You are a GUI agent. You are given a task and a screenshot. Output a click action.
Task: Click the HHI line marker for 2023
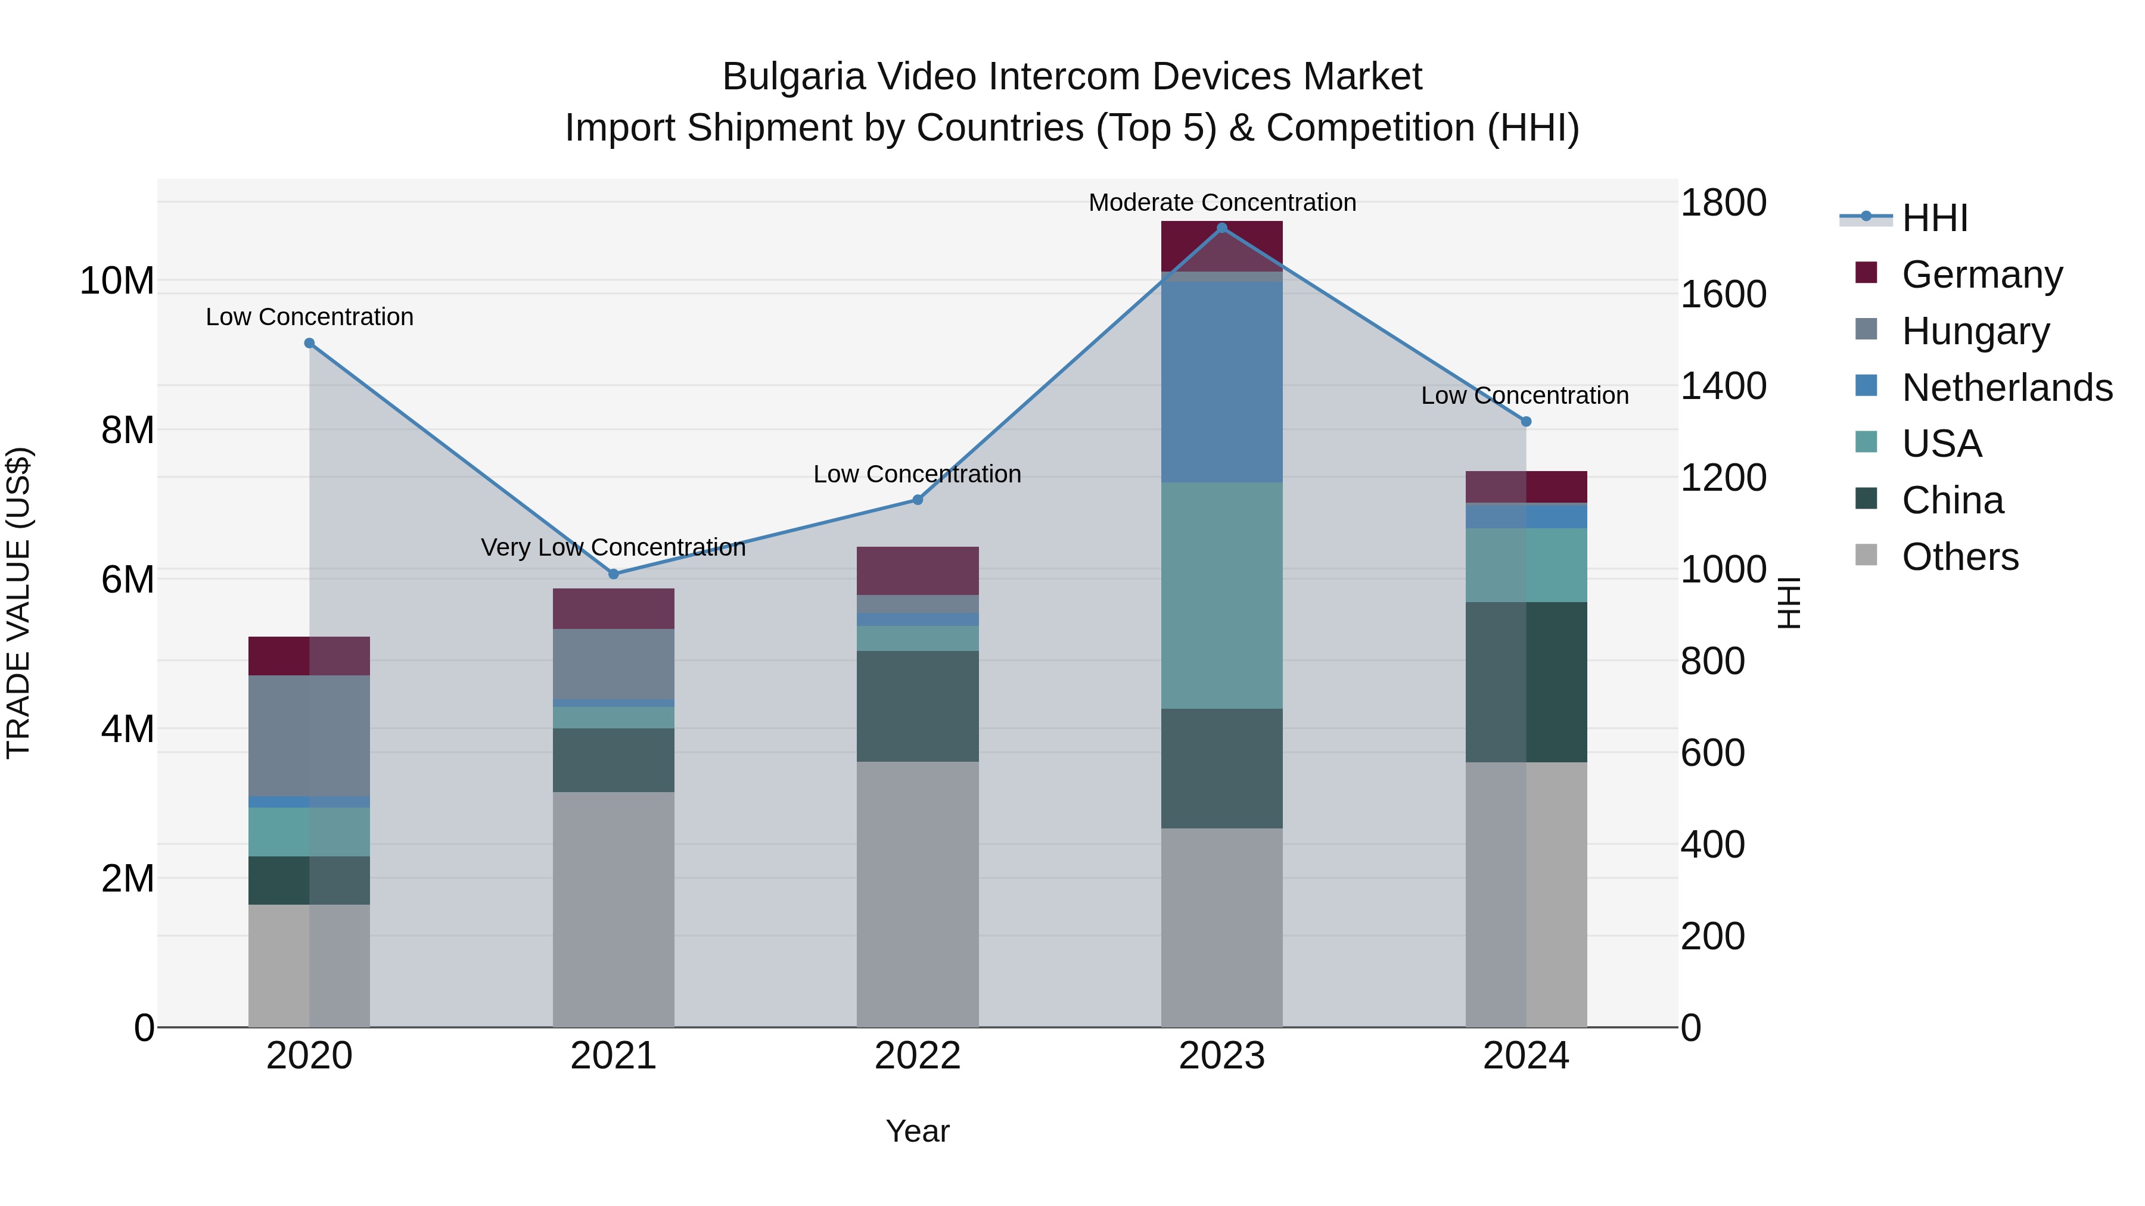(x=1221, y=228)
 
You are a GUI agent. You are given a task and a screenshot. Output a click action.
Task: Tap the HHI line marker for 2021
(x=614, y=574)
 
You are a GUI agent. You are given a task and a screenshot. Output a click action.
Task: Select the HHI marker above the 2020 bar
(x=309, y=343)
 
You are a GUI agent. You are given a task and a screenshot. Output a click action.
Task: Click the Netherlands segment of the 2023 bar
(x=1221, y=383)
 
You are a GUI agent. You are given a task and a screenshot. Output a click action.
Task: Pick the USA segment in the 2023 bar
(x=1221, y=595)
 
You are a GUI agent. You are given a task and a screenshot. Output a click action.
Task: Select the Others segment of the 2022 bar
(x=918, y=895)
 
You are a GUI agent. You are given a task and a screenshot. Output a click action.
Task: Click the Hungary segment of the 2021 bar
(x=614, y=663)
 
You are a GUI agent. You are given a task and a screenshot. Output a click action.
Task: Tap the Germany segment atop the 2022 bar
(x=918, y=571)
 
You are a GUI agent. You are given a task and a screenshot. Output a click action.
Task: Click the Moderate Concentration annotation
(x=1221, y=202)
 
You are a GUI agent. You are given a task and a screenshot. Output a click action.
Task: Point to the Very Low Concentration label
(x=614, y=548)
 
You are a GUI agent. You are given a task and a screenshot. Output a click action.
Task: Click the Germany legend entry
(x=1982, y=275)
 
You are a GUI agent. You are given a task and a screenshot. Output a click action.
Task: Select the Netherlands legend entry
(x=2007, y=388)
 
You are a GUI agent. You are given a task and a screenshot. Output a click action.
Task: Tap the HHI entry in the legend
(x=1934, y=218)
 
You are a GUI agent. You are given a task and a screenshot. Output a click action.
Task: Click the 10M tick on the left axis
(x=117, y=281)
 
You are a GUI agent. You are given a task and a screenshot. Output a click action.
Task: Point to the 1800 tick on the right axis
(x=1723, y=203)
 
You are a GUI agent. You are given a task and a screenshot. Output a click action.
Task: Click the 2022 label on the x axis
(x=918, y=1056)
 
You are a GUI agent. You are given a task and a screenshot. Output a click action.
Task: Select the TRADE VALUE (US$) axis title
(x=18, y=603)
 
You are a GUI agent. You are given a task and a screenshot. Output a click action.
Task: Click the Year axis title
(x=918, y=1131)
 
